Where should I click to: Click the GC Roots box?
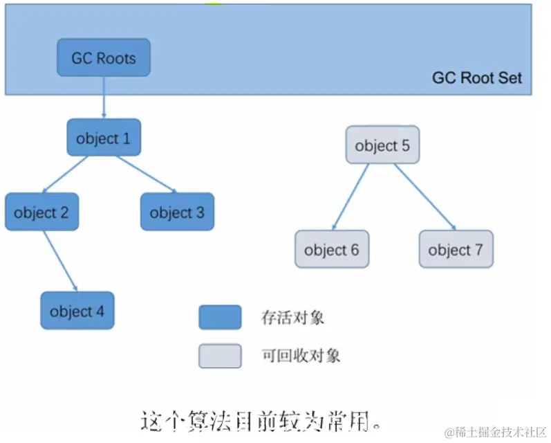103,57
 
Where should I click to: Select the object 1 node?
104,138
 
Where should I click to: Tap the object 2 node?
41,212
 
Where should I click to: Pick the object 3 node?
177,212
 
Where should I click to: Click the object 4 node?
77,311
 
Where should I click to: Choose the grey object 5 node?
382,145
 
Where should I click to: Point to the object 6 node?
332,249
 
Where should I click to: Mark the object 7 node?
456,249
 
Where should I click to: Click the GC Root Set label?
477,78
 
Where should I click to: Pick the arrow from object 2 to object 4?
60,261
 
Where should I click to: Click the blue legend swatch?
220,317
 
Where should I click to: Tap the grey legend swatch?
220,356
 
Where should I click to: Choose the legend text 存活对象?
292,318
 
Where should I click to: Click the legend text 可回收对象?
301,356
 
